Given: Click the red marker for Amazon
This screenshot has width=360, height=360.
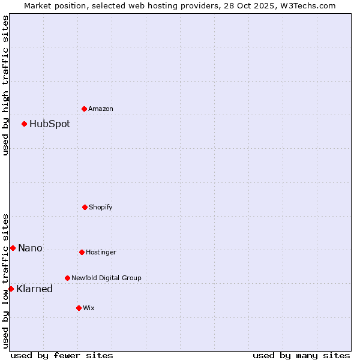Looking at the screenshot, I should [x=85, y=109].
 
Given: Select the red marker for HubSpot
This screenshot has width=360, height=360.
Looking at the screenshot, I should [x=25, y=124].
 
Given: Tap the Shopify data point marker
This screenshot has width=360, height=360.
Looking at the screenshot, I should [x=85, y=207].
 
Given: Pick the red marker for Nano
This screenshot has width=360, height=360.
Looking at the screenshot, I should [x=13, y=248].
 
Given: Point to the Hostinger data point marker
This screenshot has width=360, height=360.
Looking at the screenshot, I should [x=82, y=252].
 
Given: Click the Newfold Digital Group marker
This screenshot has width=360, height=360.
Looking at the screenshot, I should [x=67, y=278].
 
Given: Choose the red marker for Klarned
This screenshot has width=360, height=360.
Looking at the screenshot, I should [x=11, y=289].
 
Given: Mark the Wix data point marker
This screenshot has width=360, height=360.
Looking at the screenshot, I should [x=79, y=308].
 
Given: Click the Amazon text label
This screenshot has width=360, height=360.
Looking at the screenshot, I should [x=101, y=109].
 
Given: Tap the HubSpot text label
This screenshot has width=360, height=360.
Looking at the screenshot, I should [x=50, y=124].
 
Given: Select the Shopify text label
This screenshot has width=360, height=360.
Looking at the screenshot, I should [x=101, y=208].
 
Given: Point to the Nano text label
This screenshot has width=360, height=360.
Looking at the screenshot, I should [x=30, y=248].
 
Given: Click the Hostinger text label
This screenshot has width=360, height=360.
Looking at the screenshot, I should [x=101, y=253].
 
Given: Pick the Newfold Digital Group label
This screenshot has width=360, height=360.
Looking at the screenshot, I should [x=106, y=278].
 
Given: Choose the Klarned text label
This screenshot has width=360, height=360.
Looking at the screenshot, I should [x=34, y=289].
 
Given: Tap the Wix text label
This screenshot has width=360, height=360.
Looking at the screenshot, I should [x=89, y=308].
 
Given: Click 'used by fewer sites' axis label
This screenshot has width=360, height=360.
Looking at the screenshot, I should [x=62, y=355].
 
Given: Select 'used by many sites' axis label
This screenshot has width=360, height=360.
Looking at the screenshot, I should [x=301, y=355].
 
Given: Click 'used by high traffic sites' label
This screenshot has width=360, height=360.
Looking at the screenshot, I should [x=5, y=85].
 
